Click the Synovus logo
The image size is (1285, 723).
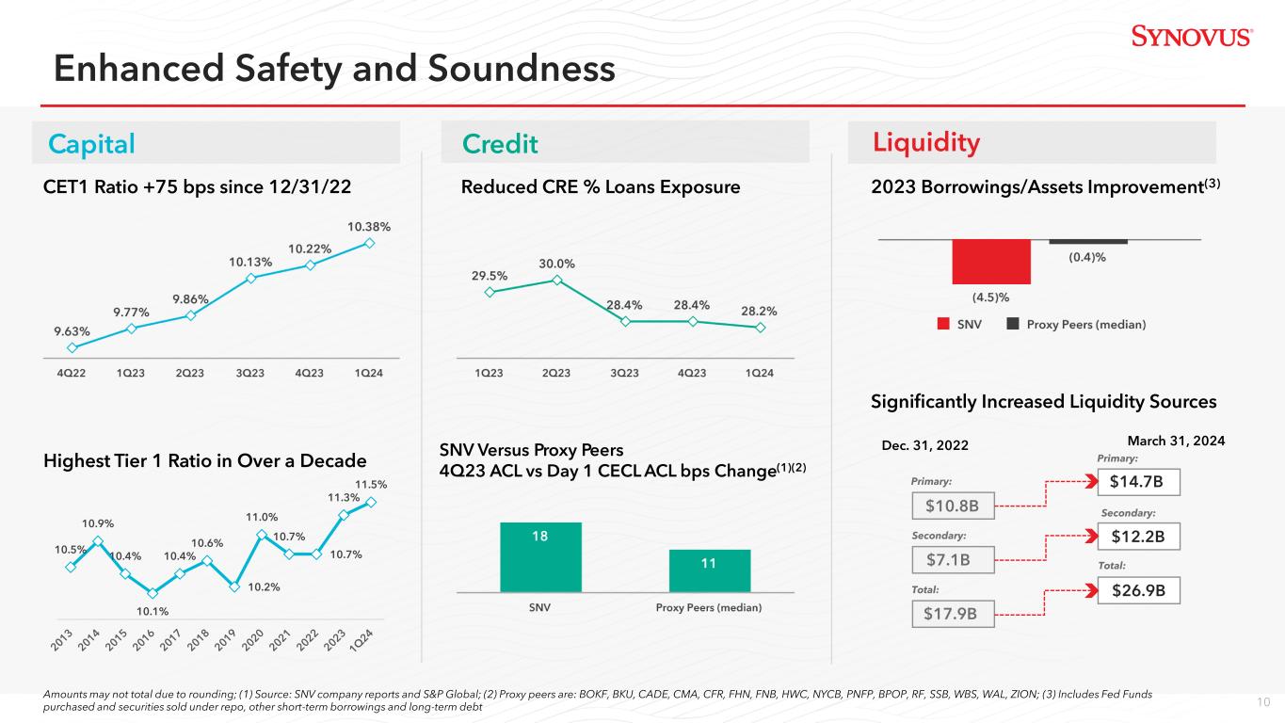[x=1191, y=37]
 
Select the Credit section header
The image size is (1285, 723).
[x=500, y=143]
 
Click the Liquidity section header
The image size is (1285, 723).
[x=926, y=142]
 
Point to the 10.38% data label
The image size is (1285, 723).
[x=369, y=227]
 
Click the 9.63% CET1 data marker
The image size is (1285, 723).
[x=72, y=346]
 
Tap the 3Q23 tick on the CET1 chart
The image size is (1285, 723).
[x=249, y=373]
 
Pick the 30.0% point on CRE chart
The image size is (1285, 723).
[x=557, y=280]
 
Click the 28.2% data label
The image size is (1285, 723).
[x=758, y=310]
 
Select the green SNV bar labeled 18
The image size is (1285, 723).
[x=541, y=556]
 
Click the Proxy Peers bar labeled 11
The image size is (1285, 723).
[x=709, y=570]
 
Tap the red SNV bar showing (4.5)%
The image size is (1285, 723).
[x=991, y=262]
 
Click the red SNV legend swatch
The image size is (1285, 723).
[x=944, y=324]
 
